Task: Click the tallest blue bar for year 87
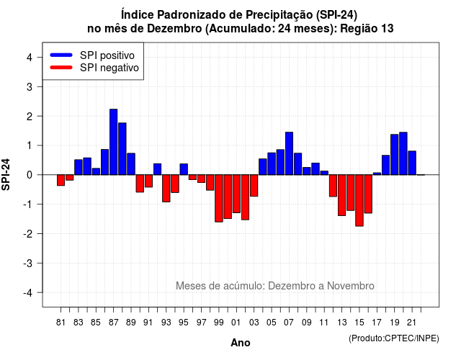tap(114, 142)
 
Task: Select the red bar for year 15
tap(359, 200)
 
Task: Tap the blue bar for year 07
tap(289, 153)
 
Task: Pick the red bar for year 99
tap(219, 199)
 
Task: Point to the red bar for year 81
tap(61, 180)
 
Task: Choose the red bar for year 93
tap(166, 189)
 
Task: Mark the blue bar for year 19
tap(395, 155)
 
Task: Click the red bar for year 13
tap(341, 195)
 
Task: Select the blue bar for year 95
tap(184, 169)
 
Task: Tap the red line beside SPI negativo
tap(61, 68)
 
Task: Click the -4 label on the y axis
tap(29, 293)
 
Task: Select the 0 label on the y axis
tap(30, 175)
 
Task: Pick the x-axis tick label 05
tap(272, 323)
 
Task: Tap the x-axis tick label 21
tap(412, 323)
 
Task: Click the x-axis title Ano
tap(241, 343)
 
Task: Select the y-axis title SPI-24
tap(6, 174)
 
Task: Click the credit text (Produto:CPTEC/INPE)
tap(394, 338)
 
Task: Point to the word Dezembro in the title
tap(174, 29)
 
